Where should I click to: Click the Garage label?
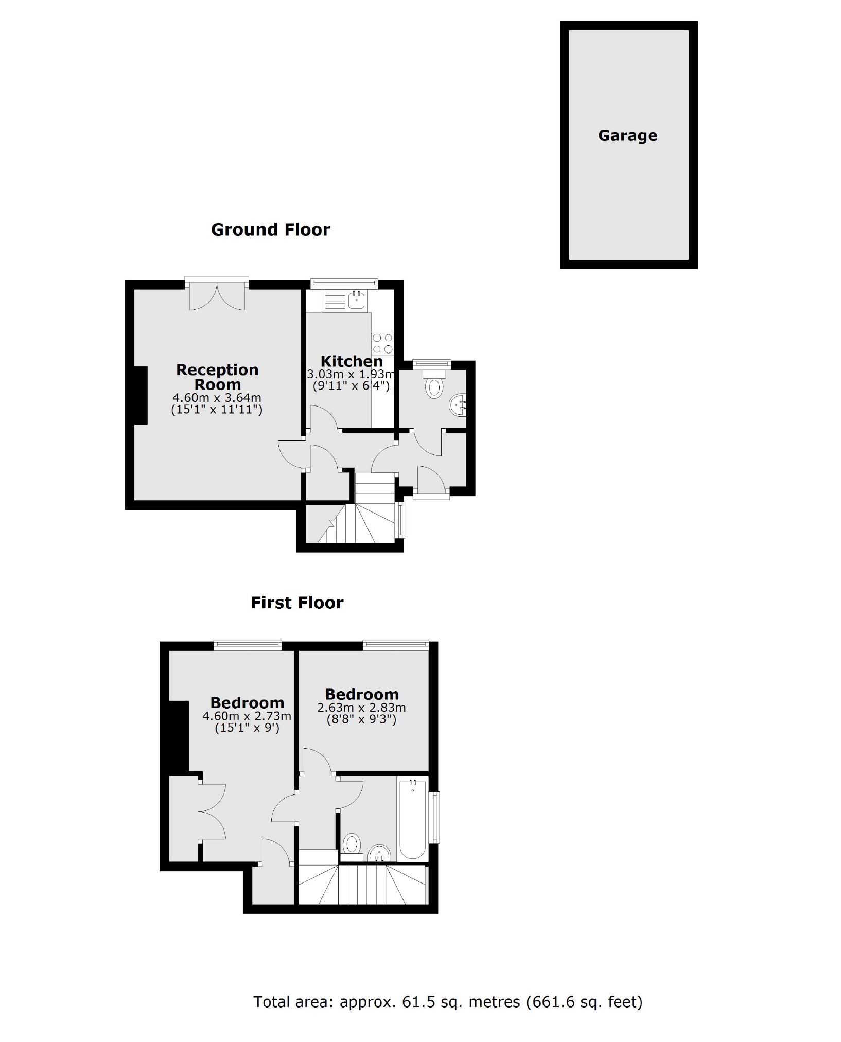tap(627, 136)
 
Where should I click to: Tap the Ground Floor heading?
tap(270, 229)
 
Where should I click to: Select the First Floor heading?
tap(297, 603)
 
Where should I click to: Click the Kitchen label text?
tap(352, 361)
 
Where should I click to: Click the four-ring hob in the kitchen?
tap(382, 343)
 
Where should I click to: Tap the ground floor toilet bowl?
tap(434, 387)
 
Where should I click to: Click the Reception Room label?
tap(217, 377)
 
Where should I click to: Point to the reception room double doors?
tap(217, 296)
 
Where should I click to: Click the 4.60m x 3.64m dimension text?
tap(217, 398)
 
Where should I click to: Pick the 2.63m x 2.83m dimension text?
tap(361, 708)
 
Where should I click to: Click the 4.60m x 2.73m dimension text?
tap(247, 716)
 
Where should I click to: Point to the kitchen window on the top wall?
tap(344, 282)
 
